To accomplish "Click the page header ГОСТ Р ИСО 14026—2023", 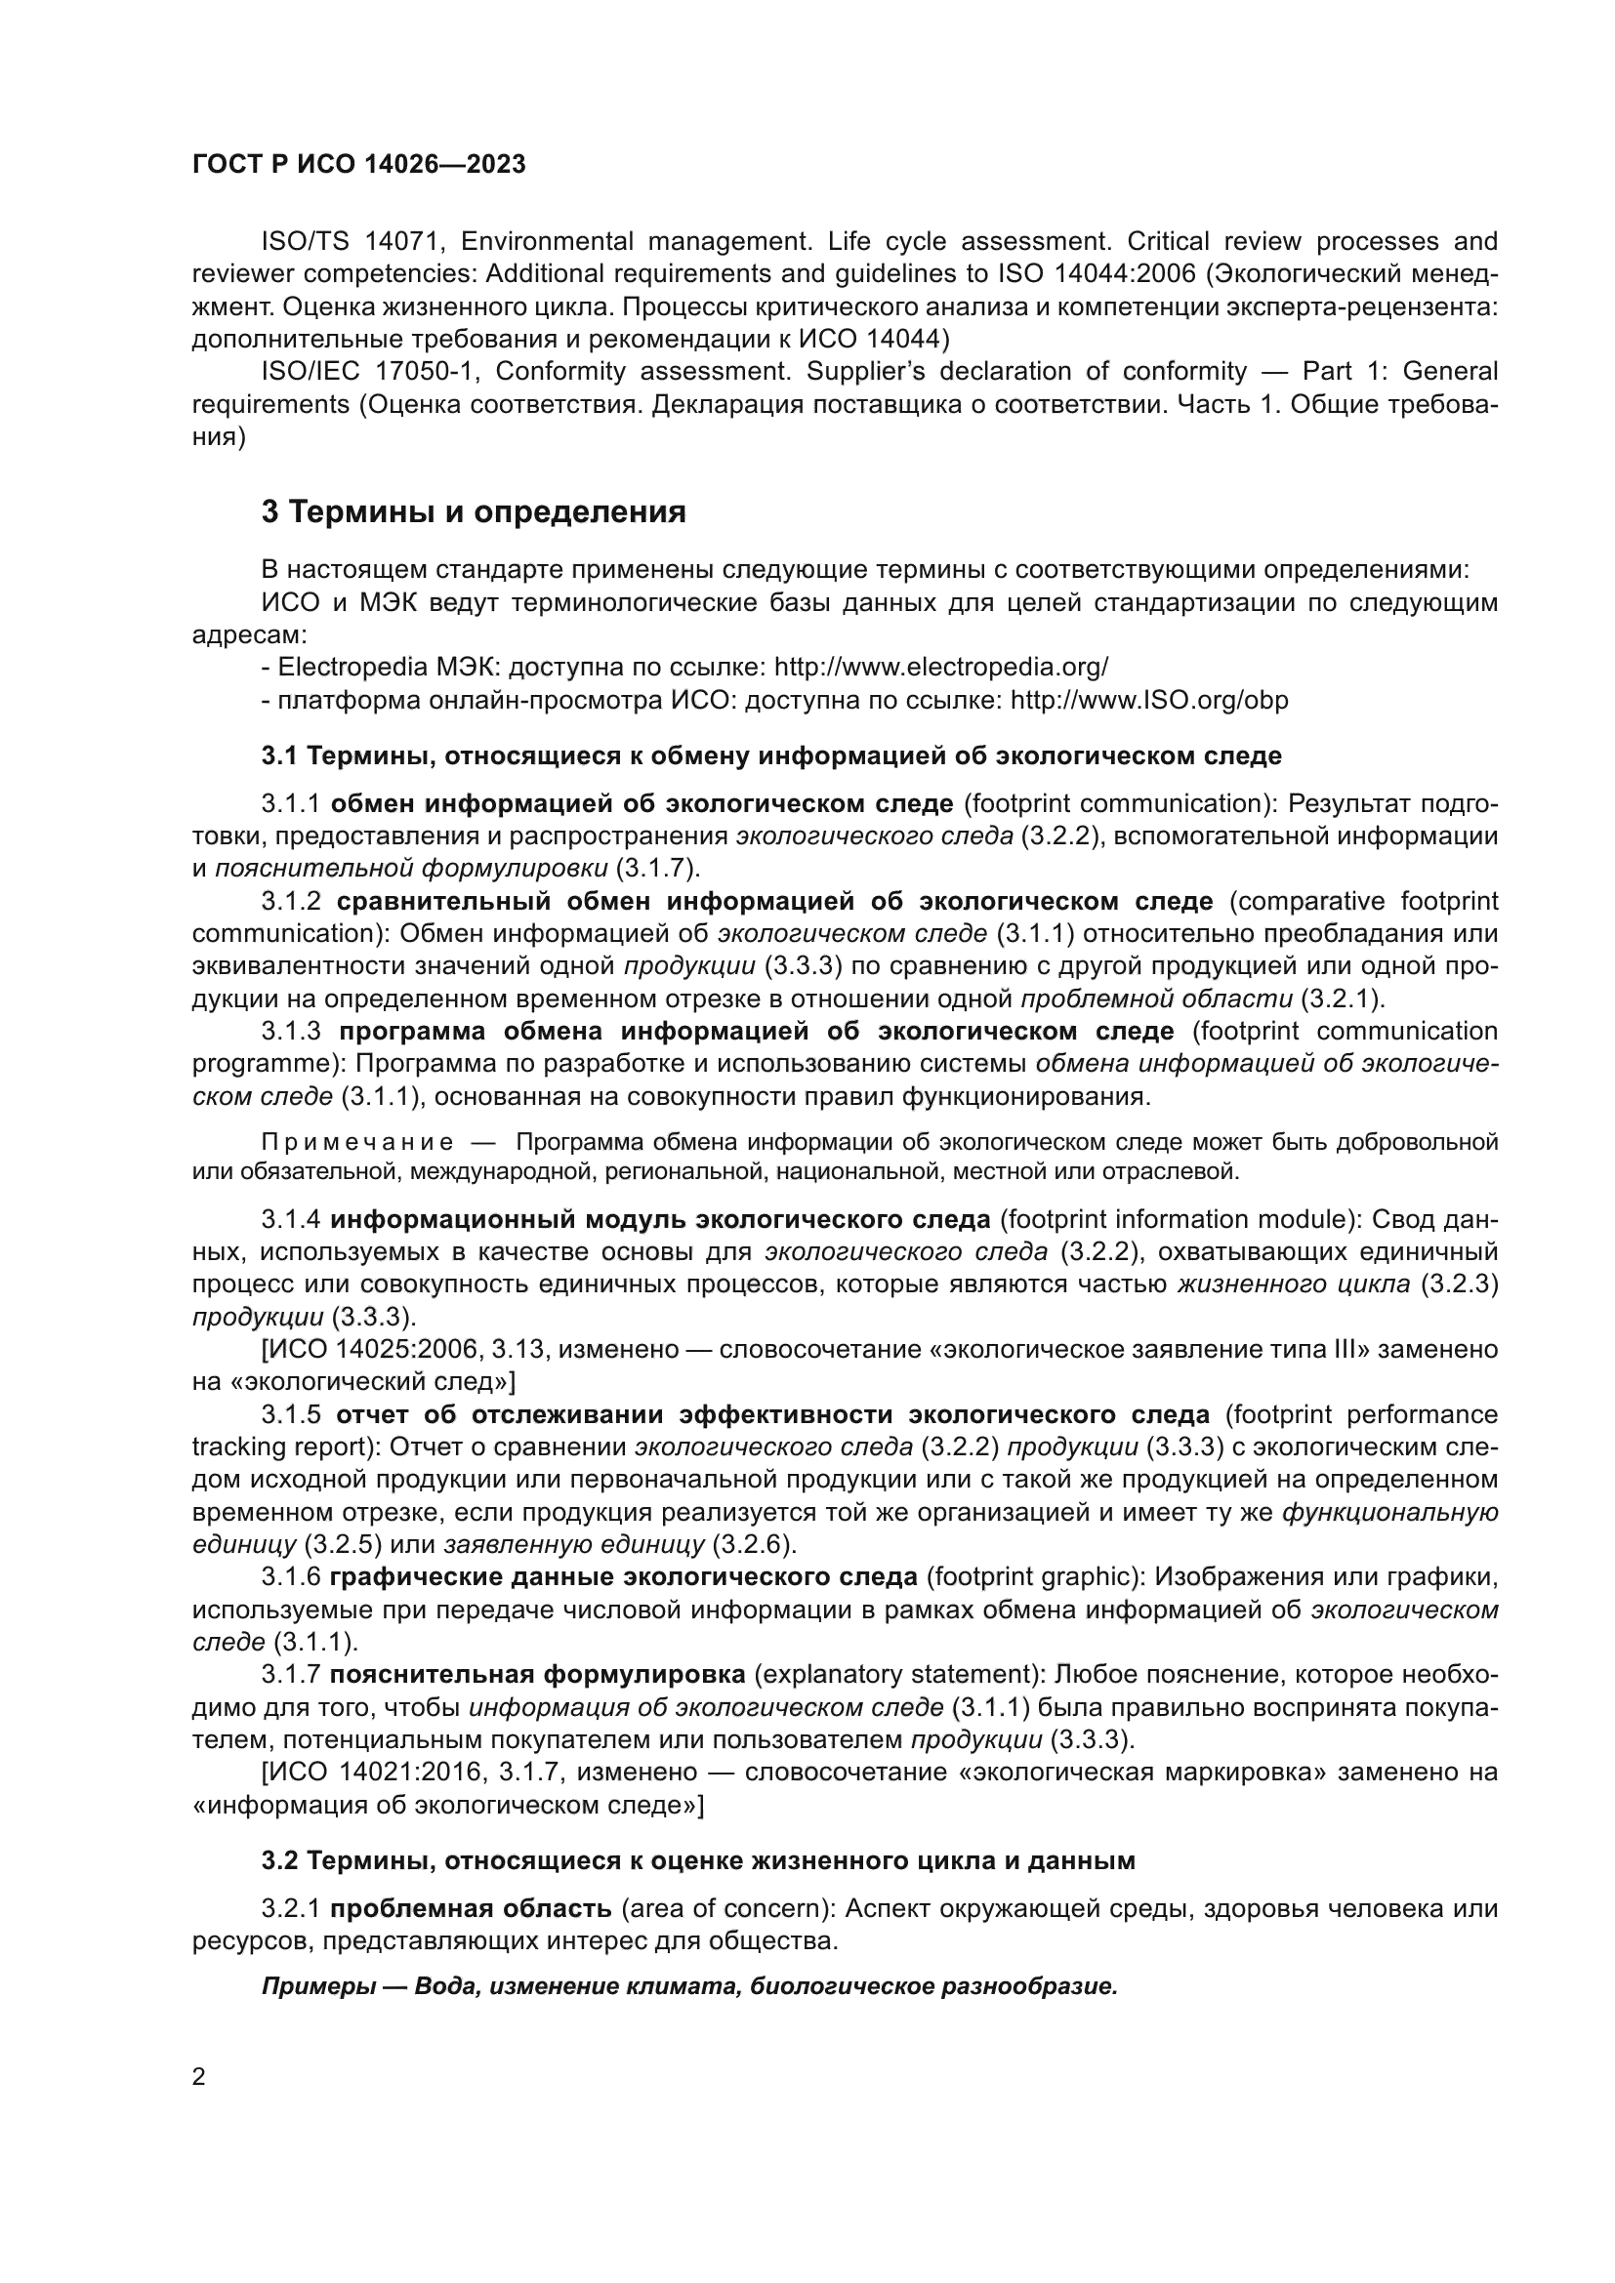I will pyautogui.click(x=359, y=164).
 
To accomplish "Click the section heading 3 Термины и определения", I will pyautogui.click(x=474, y=512).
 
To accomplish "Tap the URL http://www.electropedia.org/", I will pyautogui.click(x=940, y=667).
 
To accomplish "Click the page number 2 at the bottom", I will pyautogui.click(x=199, y=2077).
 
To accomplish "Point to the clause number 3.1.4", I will pyautogui.click(x=291, y=1219).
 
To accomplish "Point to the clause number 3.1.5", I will pyautogui.click(x=291, y=1415).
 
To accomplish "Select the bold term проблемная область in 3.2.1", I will pyautogui.click(x=471, y=1909).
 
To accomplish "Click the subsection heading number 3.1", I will pyautogui.click(x=279, y=755).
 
